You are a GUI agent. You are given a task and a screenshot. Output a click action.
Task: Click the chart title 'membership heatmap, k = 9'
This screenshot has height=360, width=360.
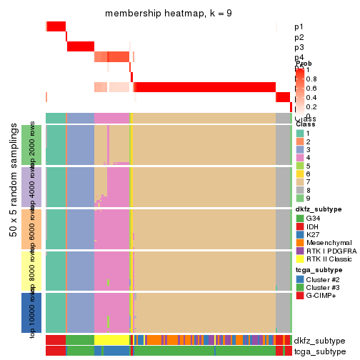pos(168,14)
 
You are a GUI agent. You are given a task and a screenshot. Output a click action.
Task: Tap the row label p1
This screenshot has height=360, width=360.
pos(299,27)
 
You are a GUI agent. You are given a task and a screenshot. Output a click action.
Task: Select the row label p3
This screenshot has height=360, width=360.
pos(299,47)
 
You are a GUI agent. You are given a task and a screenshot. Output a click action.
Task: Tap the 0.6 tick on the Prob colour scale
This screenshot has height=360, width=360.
pos(313,88)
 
